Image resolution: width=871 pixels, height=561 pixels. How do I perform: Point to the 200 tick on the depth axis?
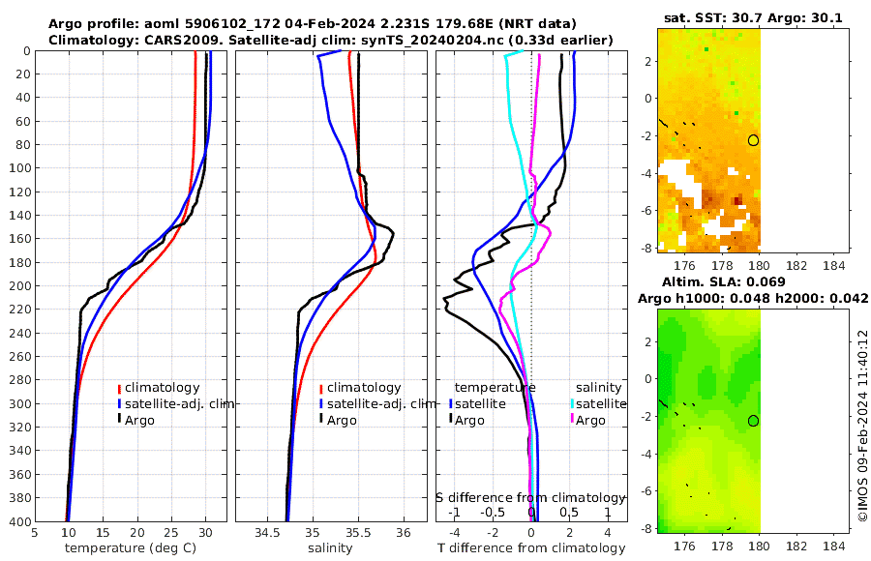18,286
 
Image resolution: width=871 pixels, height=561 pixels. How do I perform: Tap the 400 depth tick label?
18,521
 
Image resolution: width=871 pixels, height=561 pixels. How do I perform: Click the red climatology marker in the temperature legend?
120,388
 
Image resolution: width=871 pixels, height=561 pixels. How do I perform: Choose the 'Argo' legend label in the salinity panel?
342,420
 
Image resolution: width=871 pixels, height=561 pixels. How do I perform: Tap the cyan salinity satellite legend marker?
572,403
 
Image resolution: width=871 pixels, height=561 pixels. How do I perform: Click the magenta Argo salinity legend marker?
572,420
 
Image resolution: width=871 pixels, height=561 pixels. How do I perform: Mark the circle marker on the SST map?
753,140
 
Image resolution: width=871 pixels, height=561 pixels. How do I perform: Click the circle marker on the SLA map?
753,421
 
